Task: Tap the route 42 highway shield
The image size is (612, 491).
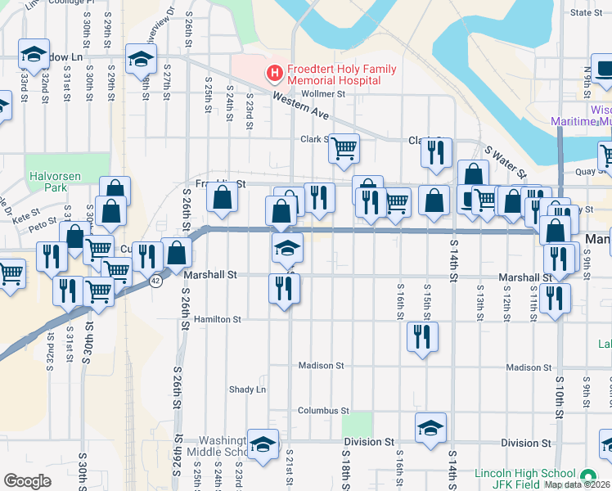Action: pyautogui.click(x=155, y=280)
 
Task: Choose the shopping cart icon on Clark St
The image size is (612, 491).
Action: pyautogui.click(x=344, y=147)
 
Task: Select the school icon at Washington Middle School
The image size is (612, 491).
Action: pyautogui.click(x=263, y=444)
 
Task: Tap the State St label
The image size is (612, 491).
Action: pyautogui.click(x=585, y=12)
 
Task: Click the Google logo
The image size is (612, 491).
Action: pyautogui.click(x=27, y=481)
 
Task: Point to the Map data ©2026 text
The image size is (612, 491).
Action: pyautogui.click(x=578, y=484)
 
